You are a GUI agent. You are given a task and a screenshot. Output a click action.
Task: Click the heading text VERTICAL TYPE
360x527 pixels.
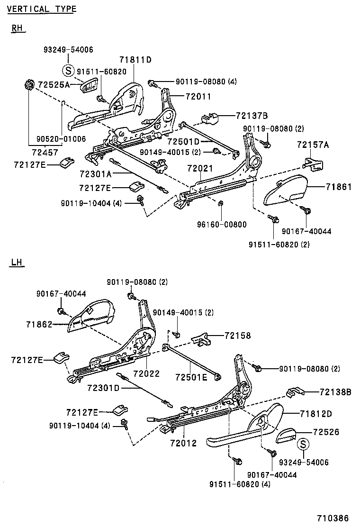click(42, 9)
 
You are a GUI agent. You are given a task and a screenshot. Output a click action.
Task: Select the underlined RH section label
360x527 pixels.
click(17, 28)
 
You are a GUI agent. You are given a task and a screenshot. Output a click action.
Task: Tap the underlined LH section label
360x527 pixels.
click(17, 262)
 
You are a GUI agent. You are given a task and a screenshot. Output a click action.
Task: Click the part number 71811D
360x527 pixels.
click(135, 60)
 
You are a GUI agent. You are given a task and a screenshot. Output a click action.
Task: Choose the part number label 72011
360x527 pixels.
click(198, 96)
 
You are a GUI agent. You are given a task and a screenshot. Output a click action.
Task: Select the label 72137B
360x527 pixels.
click(252, 116)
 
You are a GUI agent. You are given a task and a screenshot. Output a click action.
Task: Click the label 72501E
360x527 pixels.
click(191, 377)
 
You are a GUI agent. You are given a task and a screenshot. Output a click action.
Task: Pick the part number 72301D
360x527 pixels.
click(103, 388)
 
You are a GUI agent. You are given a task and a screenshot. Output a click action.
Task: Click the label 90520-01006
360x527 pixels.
click(61, 139)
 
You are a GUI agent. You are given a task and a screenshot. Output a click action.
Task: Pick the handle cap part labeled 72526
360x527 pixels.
click(287, 434)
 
